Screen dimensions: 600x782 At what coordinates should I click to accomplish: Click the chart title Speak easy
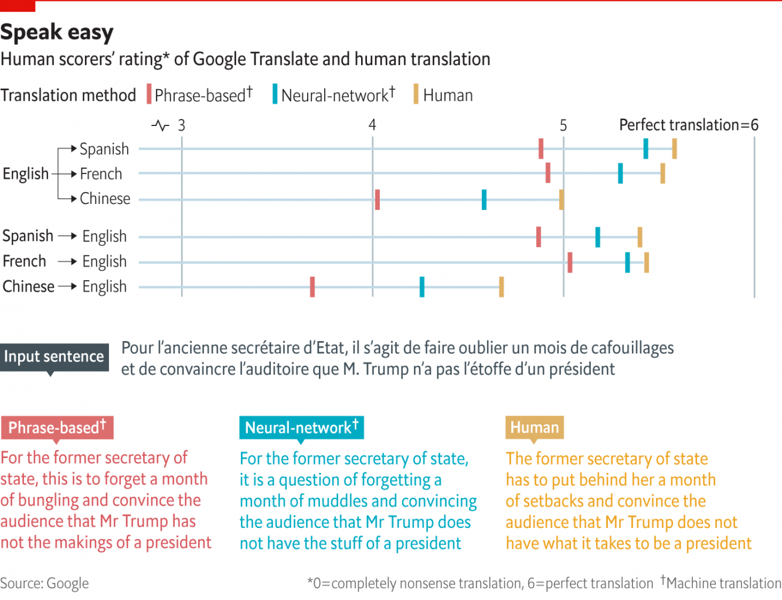pos(57,32)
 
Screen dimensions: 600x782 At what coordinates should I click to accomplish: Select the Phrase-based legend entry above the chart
pos(199,95)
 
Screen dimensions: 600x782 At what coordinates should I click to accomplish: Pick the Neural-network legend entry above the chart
pos(334,95)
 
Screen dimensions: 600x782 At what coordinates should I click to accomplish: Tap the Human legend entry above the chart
pos(443,95)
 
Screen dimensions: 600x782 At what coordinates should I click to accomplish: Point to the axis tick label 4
pos(372,125)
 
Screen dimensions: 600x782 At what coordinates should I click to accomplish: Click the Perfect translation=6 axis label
pos(688,125)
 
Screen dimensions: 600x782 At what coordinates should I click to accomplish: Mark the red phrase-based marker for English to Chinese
pos(377,200)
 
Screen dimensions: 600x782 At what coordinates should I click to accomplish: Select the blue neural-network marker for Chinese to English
pos(422,287)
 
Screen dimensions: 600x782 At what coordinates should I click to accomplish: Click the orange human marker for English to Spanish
pos(674,149)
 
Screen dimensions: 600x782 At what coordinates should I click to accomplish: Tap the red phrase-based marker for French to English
pos(569,262)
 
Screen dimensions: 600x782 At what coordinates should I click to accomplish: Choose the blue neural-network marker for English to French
pos(620,173)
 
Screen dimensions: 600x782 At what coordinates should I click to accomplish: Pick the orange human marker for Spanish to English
pos(640,237)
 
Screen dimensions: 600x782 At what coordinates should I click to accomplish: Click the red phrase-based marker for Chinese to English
pos(312,287)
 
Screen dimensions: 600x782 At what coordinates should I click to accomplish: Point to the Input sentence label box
pos(54,356)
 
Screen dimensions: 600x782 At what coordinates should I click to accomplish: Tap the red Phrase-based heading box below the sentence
pos(57,428)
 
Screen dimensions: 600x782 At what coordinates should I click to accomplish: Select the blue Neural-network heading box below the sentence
pos(301,428)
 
